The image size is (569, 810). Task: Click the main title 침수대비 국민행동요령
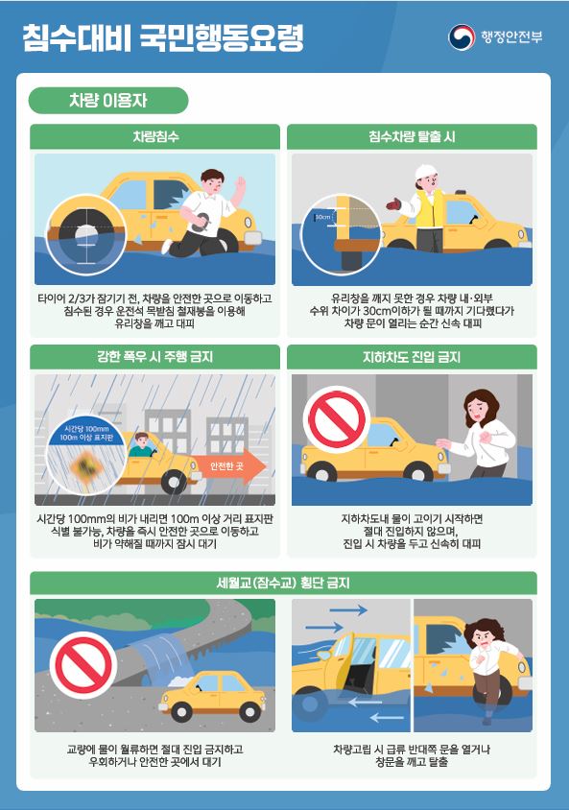[163, 38]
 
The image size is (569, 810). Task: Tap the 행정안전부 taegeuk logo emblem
[462, 37]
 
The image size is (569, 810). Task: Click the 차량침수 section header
[155, 137]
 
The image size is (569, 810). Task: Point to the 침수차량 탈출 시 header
[412, 137]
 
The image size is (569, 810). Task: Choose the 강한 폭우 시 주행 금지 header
[155, 357]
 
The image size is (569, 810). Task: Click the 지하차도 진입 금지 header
[412, 357]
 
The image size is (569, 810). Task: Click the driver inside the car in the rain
[142, 445]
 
